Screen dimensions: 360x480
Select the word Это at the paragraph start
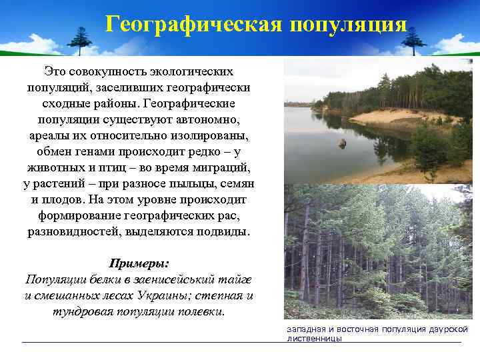[x=57, y=71]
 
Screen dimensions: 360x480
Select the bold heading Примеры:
[x=139, y=263]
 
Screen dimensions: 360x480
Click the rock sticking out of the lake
[x=342, y=143]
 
